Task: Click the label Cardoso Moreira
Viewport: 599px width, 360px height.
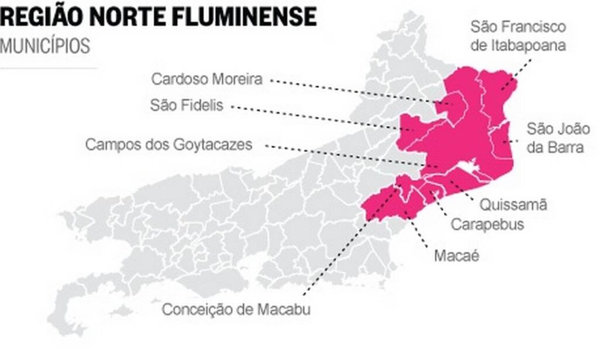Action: pos(206,79)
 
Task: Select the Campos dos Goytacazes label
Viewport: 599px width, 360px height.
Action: pos(168,145)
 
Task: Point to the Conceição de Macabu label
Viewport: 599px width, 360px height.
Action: pos(236,309)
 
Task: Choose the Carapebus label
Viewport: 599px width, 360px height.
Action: pos(487,224)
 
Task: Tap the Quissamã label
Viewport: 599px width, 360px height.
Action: pos(512,205)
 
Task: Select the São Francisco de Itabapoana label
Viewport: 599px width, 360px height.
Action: pos(518,36)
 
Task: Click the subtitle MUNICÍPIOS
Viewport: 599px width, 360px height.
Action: pos(45,46)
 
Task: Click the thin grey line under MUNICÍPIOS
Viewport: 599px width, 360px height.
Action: pos(49,68)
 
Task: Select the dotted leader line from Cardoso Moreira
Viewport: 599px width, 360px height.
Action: pos(351,91)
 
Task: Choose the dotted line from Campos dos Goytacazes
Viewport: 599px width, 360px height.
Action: pos(345,155)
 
